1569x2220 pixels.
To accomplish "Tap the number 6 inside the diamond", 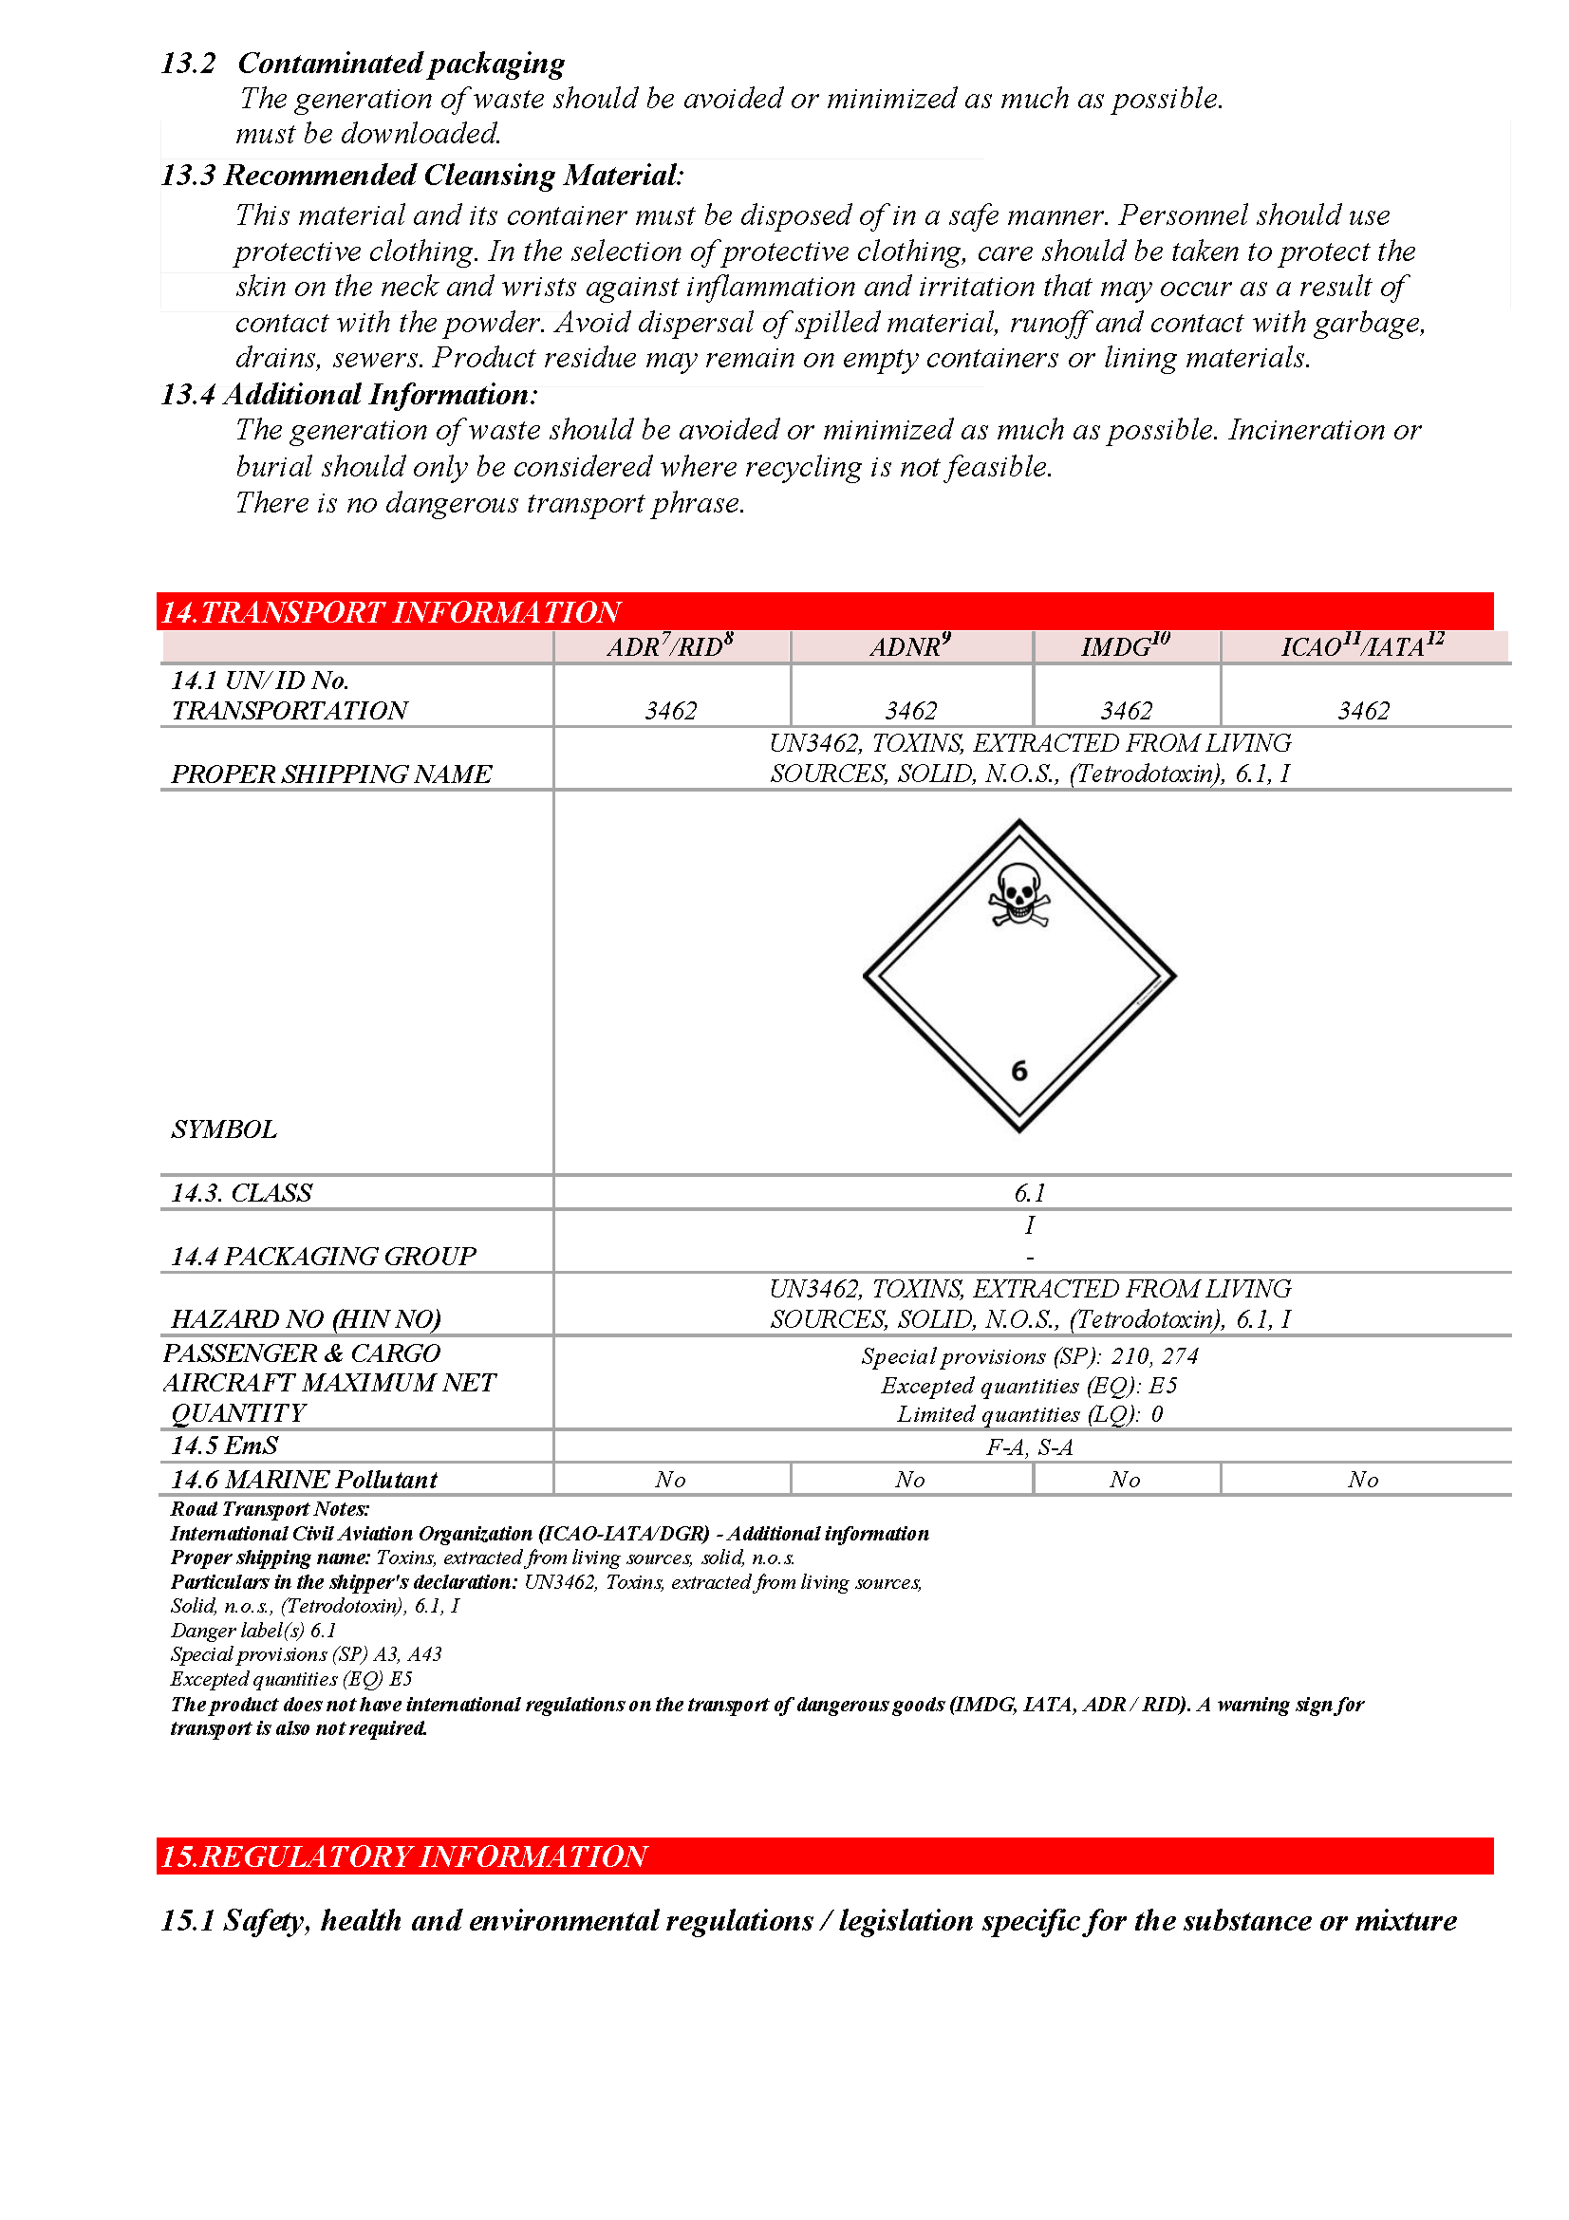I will click(1018, 1071).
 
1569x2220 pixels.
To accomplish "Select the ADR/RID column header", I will click(670, 646).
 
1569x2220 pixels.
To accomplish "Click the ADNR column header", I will click(910, 646).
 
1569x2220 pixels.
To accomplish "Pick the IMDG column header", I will click(1126, 646).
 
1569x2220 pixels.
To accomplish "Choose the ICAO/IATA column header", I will click(1362, 646).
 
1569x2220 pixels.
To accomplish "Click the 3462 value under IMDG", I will click(1127, 711).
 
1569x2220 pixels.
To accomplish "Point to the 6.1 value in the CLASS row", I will click(1030, 1192).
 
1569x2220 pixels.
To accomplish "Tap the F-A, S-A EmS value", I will click(1030, 1446).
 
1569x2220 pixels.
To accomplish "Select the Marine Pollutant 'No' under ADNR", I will click(909, 1480).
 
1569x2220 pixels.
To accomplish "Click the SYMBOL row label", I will click(224, 1129).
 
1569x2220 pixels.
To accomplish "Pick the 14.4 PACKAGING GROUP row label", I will click(323, 1256).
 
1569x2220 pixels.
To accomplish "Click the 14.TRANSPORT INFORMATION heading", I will click(390, 612).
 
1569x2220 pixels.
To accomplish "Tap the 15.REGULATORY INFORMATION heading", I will click(403, 1856).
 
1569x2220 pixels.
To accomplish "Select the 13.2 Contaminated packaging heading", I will click(363, 64).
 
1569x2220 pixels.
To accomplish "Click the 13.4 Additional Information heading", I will click(349, 395).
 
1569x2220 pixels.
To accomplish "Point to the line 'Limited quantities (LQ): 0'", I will click(1030, 1414).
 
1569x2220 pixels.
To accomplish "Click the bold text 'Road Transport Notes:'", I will click(270, 1508).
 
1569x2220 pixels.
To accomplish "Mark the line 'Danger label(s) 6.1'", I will click(253, 1631).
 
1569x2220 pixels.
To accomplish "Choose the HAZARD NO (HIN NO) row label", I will click(306, 1319).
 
